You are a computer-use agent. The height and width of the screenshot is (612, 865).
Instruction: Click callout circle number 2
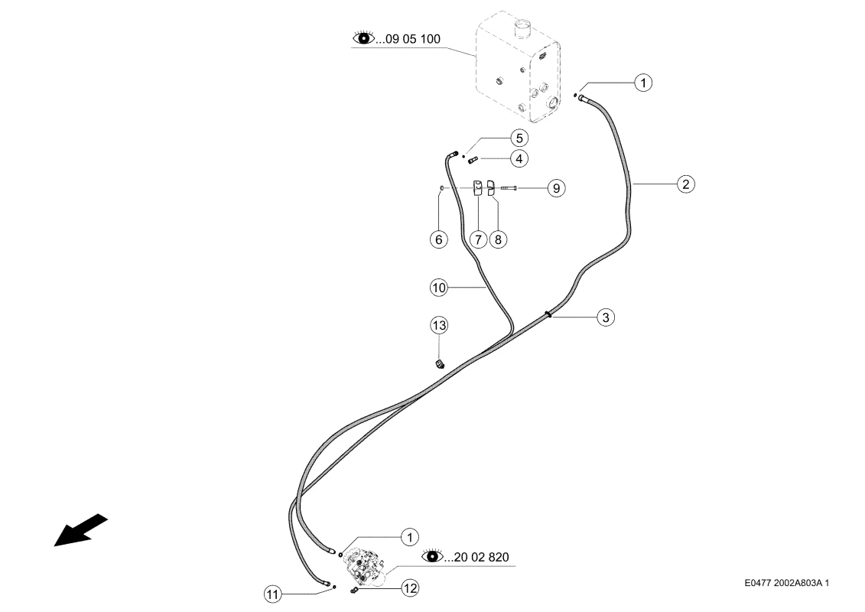click(686, 184)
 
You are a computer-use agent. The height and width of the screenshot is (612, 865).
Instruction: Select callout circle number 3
click(606, 317)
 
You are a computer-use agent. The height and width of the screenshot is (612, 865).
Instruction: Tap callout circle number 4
click(519, 159)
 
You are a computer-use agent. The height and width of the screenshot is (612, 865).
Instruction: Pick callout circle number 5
click(519, 138)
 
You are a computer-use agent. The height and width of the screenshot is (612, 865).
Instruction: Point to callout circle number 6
click(438, 239)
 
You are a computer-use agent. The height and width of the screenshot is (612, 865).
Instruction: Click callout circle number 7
click(478, 239)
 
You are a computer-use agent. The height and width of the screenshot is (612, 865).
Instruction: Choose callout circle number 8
click(498, 239)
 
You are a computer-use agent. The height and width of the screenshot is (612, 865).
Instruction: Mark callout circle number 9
click(556, 188)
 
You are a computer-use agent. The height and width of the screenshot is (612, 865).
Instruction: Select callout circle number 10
click(438, 288)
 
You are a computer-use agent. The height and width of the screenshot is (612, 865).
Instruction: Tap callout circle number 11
click(272, 594)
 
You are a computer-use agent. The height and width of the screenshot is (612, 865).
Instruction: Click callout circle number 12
click(410, 588)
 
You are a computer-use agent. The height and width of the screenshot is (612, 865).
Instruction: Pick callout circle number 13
click(439, 325)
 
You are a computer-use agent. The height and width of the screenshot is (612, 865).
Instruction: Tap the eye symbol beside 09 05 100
click(363, 37)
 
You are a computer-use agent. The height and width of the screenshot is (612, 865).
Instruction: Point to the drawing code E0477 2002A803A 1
click(787, 583)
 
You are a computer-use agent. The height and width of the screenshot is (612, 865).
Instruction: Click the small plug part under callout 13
click(440, 364)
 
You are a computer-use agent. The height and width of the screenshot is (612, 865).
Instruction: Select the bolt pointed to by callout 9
click(509, 188)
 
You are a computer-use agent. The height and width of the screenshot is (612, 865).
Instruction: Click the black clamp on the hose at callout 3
click(548, 314)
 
